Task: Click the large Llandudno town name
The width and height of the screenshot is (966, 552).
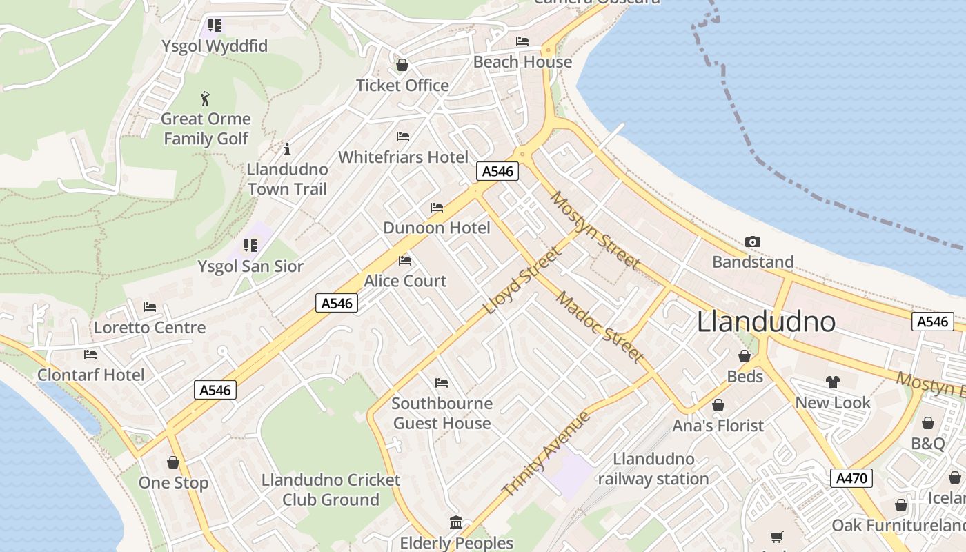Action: [766, 322]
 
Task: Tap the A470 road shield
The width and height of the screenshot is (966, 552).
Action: [851, 478]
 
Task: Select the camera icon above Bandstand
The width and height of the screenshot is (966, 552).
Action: [753, 241]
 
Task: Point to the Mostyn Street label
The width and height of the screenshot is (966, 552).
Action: [594, 230]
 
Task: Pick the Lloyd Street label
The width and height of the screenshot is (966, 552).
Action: [522, 281]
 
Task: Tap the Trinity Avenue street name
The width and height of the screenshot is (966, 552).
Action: [546, 453]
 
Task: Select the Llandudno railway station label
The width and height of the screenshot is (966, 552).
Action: [653, 469]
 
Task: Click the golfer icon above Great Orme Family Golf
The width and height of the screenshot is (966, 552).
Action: [205, 99]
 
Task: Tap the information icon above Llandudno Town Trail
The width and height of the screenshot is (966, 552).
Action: [287, 149]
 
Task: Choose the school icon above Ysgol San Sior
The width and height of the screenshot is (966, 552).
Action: [250, 246]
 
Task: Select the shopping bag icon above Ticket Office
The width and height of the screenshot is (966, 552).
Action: [402, 65]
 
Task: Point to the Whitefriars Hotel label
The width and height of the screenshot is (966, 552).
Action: [403, 157]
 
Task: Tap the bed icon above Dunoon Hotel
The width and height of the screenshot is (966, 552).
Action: [437, 207]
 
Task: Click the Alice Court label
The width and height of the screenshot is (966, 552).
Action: [405, 282]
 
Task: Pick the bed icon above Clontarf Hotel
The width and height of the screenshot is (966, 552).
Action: [90, 355]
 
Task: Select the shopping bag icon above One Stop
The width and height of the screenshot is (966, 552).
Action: [173, 462]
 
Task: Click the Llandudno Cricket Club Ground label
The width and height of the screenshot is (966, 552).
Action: [331, 490]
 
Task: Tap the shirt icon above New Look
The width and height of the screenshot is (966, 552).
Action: [833, 382]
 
